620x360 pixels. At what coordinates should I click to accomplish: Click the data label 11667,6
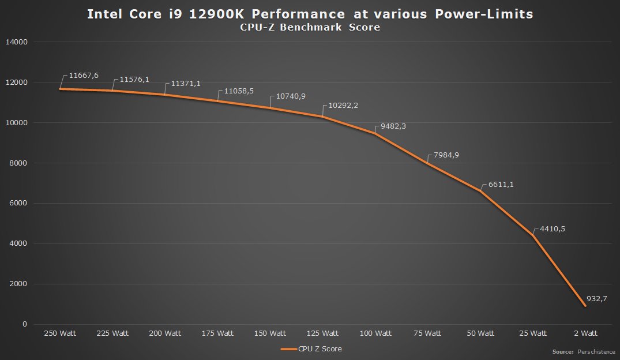pos(83,76)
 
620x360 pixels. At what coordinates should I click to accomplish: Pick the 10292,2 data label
pos(344,106)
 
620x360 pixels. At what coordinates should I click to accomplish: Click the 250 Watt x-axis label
pos(60,333)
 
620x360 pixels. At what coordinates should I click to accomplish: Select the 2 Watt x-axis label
pos(585,333)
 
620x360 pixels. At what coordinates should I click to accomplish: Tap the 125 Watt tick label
pos(322,333)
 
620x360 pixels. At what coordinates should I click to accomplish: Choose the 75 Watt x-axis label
pos(427,333)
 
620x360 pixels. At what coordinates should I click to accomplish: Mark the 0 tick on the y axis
pos(25,324)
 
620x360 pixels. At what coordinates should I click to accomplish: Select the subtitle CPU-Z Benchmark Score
pos(310,28)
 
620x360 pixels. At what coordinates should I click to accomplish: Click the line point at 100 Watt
pos(375,134)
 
